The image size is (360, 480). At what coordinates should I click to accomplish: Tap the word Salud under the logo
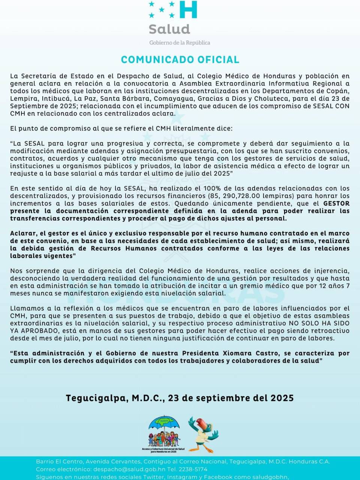coord(169,29)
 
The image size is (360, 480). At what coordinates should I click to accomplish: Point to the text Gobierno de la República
coord(180,43)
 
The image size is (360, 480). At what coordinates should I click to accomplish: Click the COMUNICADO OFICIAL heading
coord(180,60)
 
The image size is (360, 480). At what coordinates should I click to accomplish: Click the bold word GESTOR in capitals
coord(336,203)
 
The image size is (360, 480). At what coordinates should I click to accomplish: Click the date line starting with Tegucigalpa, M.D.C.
coord(180,398)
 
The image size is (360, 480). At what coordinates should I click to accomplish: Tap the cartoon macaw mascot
coord(203,434)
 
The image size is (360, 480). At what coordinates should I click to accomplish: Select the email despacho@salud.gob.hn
coord(129,469)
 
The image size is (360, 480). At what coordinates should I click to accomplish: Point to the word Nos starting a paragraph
coord(16,271)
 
